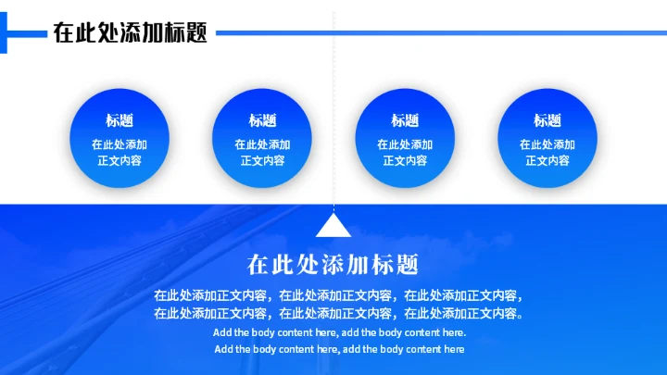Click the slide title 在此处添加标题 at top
(129, 32)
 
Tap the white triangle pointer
(333, 227)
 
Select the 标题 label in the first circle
(120, 120)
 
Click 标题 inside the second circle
(262, 120)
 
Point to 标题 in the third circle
(405, 120)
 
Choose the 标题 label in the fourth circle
(547, 120)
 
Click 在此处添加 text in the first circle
(120, 144)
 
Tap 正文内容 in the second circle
(262, 160)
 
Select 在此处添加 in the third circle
(405, 144)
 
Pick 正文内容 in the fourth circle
(547, 160)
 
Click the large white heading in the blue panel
(333, 265)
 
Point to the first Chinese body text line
(339, 296)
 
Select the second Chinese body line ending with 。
(339, 314)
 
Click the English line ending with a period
(339, 332)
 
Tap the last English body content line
(339, 349)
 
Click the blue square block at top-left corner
(3, 32)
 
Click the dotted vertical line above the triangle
(333, 111)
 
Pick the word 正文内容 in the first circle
(120, 160)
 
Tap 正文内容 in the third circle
(405, 160)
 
